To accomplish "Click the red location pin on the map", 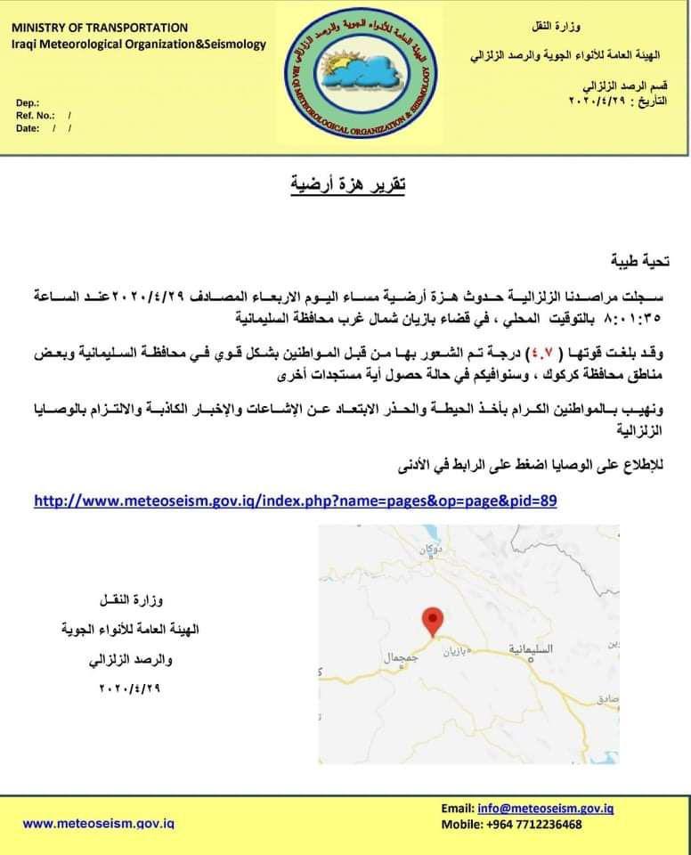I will (x=432, y=620).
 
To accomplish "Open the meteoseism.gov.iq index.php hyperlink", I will (x=295, y=501).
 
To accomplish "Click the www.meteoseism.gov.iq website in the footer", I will (x=98, y=824).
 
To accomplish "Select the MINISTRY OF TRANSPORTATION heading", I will (x=100, y=28).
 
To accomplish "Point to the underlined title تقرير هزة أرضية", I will (x=348, y=186).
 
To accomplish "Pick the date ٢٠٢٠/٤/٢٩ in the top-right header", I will (x=598, y=102).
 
